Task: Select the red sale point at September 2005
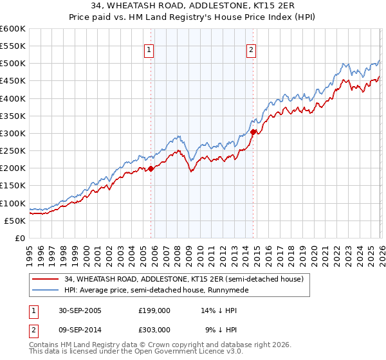[x=151, y=169]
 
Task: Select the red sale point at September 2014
[x=253, y=132]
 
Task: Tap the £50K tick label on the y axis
[x=15, y=221]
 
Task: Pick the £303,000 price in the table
[x=154, y=329]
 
